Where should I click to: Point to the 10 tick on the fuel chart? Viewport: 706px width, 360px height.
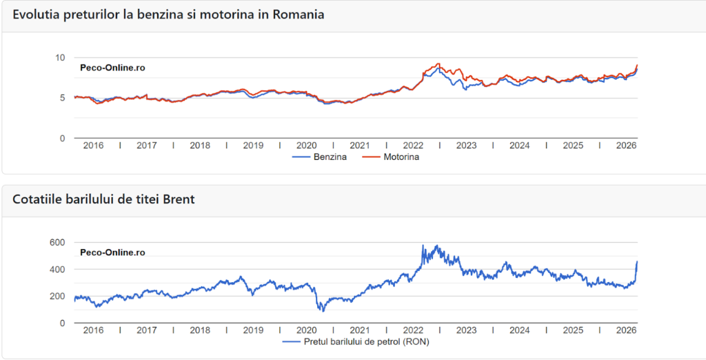pyautogui.click(x=59, y=57)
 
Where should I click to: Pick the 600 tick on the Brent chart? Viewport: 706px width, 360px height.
pyautogui.click(x=57, y=242)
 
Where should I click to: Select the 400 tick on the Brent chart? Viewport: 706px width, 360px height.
pyautogui.click(x=57, y=269)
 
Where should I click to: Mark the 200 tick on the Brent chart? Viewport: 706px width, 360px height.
pyautogui.click(x=57, y=296)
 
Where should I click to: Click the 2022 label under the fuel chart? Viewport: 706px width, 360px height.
pyautogui.click(x=413, y=146)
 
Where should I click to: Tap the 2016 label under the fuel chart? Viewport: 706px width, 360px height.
pyautogui.click(x=93, y=146)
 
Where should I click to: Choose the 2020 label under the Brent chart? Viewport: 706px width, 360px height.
pyautogui.click(x=306, y=330)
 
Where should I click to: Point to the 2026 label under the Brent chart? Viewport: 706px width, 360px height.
pyautogui.click(x=625, y=330)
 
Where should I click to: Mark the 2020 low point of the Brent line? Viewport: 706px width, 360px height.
pyautogui.click(x=323, y=311)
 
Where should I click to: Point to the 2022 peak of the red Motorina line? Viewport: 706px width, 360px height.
pyautogui.click(x=438, y=63)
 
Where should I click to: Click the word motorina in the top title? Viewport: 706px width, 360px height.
pyautogui.click(x=227, y=14)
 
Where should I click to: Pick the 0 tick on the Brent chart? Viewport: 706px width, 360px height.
pyautogui.click(x=62, y=323)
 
